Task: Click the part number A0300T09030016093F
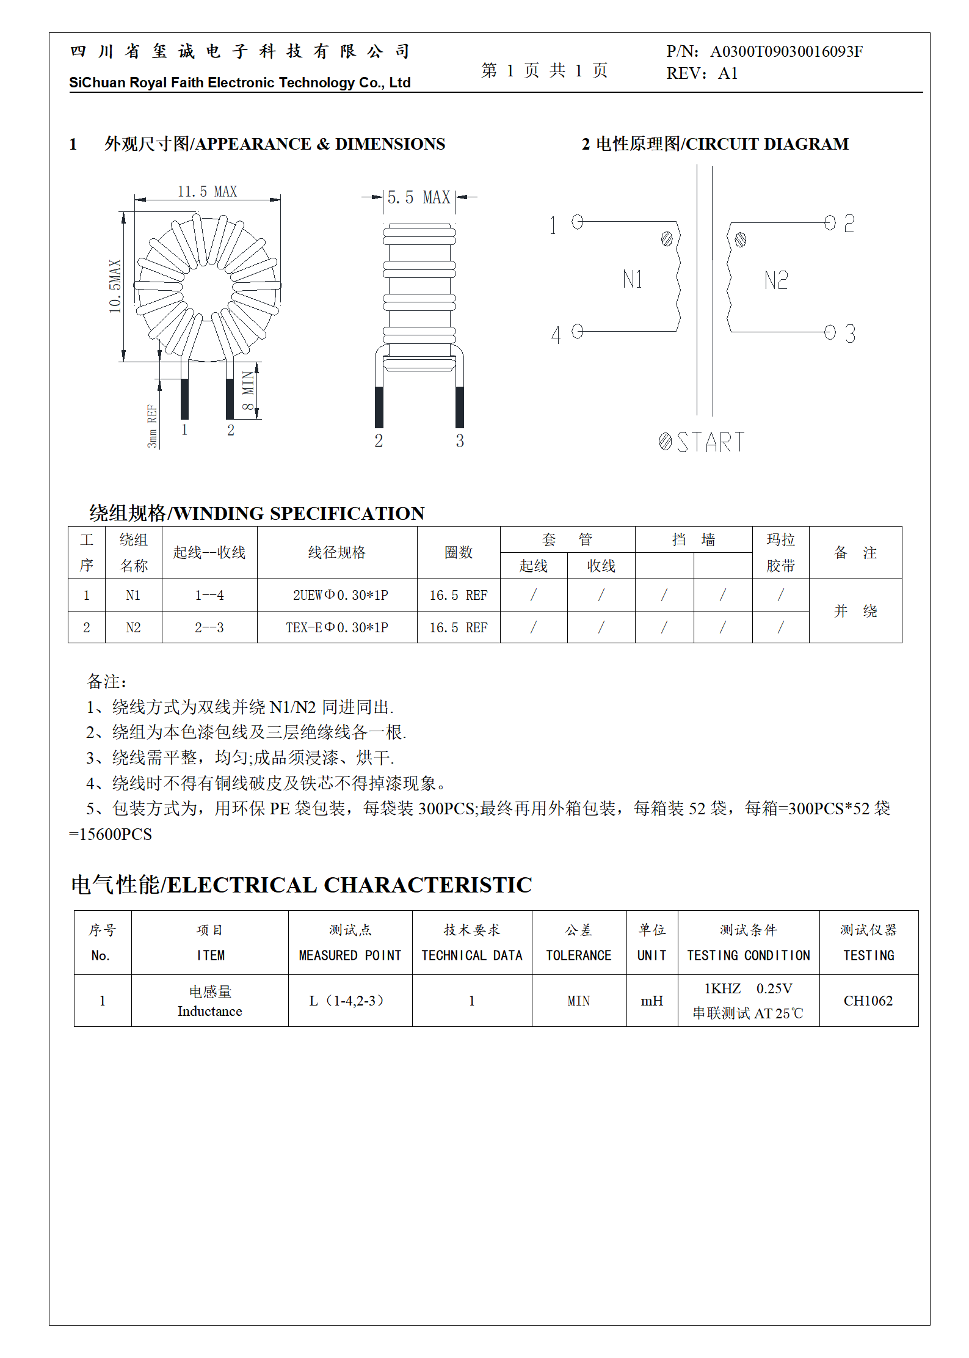coord(786,51)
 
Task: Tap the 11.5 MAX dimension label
coord(207,191)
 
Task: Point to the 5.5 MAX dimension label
coord(418,197)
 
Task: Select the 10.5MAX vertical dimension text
coord(115,286)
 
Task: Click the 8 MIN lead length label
coord(248,390)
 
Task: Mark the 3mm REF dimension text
coord(152,426)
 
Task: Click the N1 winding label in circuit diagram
coord(633,280)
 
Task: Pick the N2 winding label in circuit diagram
coord(775,280)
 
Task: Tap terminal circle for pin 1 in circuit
coord(577,221)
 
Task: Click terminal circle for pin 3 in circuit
coord(829,332)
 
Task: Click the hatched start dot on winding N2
coord(740,239)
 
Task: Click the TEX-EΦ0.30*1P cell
coord(337,627)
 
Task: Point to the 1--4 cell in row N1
coord(209,595)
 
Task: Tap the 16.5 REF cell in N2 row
coord(458,627)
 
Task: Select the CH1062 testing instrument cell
coord(868,1001)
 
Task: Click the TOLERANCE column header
coord(578,955)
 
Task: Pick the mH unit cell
coord(651,1001)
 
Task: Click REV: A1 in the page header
coord(702,74)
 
